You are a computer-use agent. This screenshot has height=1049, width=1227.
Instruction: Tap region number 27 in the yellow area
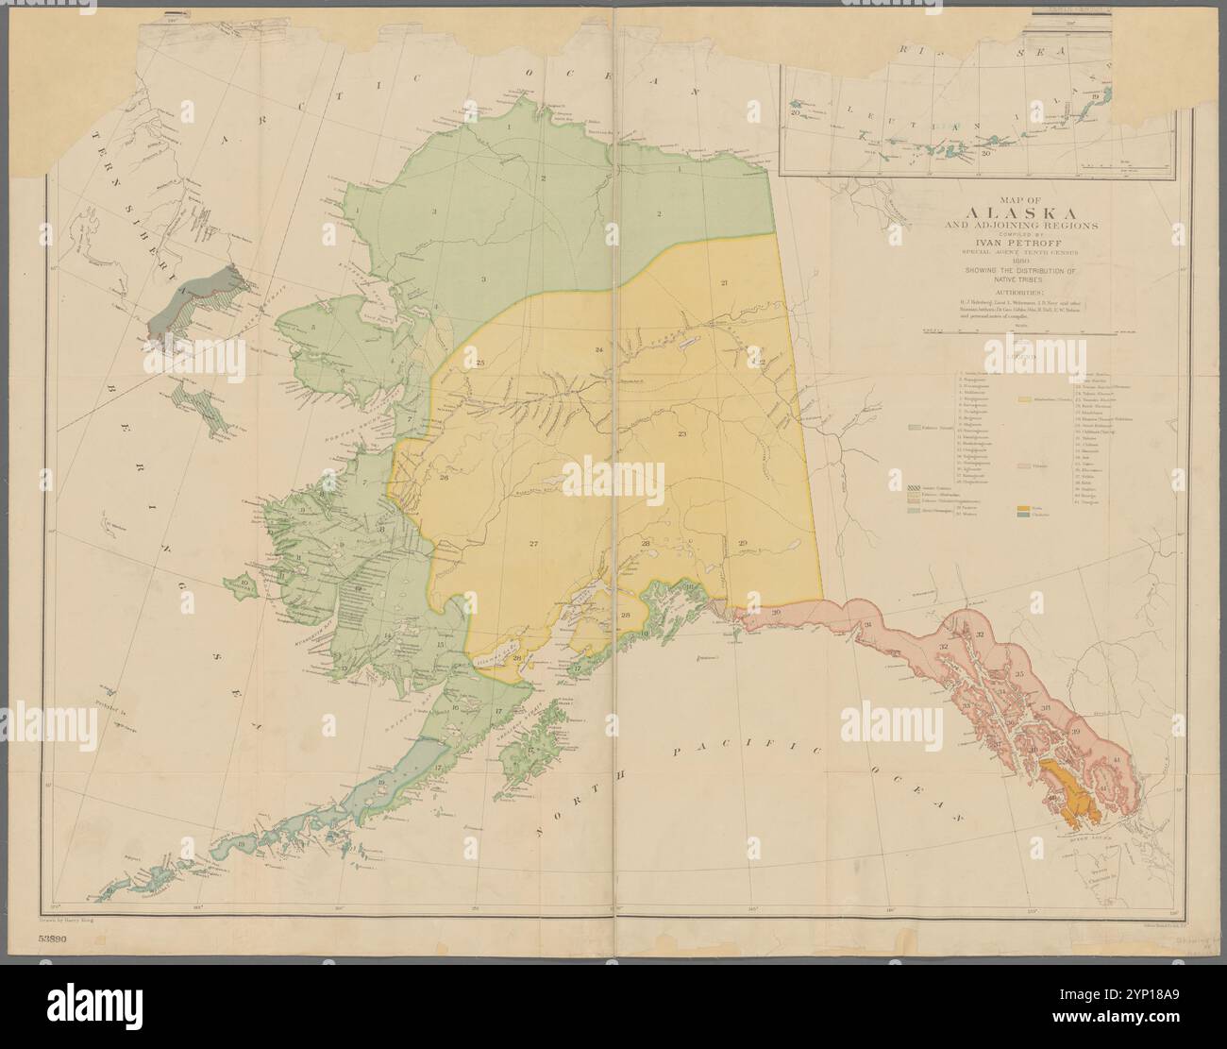point(533,545)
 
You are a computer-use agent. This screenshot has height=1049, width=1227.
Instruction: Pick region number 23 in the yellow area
point(681,433)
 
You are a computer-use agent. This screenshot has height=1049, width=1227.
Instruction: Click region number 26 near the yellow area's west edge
point(444,478)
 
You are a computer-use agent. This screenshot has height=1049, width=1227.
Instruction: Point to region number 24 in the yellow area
point(598,350)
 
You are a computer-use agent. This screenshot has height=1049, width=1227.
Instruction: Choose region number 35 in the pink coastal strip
point(1019,674)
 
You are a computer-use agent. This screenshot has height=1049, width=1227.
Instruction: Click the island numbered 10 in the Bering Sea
point(244,586)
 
